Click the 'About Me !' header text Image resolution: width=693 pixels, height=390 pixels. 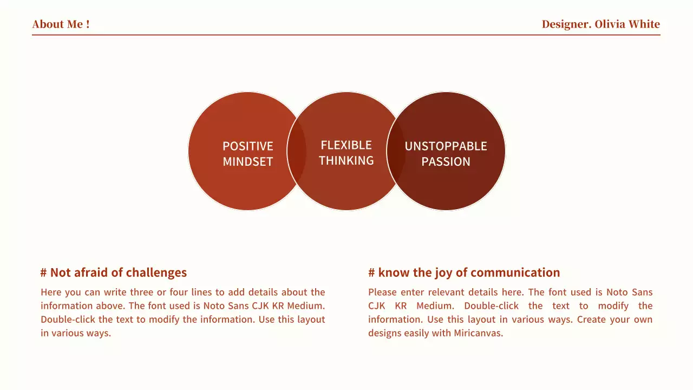pyautogui.click(x=61, y=24)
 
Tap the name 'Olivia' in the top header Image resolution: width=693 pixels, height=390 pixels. pyautogui.click(x=610, y=24)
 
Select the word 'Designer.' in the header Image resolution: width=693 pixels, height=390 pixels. pyautogui.click(x=566, y=24)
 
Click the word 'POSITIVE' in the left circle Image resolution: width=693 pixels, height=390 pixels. pyautogui.click(x=248, y=146)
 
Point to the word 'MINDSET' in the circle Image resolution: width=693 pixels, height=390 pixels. pyautogui.click(x=248, y=161)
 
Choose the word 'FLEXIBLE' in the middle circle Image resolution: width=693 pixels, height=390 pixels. pyautogui.click(x=346, y=145)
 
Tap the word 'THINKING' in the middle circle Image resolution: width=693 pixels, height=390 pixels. pyautogui.click(x=346, y=160)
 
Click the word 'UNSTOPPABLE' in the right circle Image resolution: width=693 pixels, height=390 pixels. pyautogui.click(x=446, y=146)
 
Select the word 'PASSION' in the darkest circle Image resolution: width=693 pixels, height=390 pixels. pyautogui.click(x=446, y=161)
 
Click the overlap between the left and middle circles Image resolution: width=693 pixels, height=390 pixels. pyautogui.click(x=297, y=151)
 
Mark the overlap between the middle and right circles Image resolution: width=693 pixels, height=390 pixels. pyautogui.click(x=396, y=151)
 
